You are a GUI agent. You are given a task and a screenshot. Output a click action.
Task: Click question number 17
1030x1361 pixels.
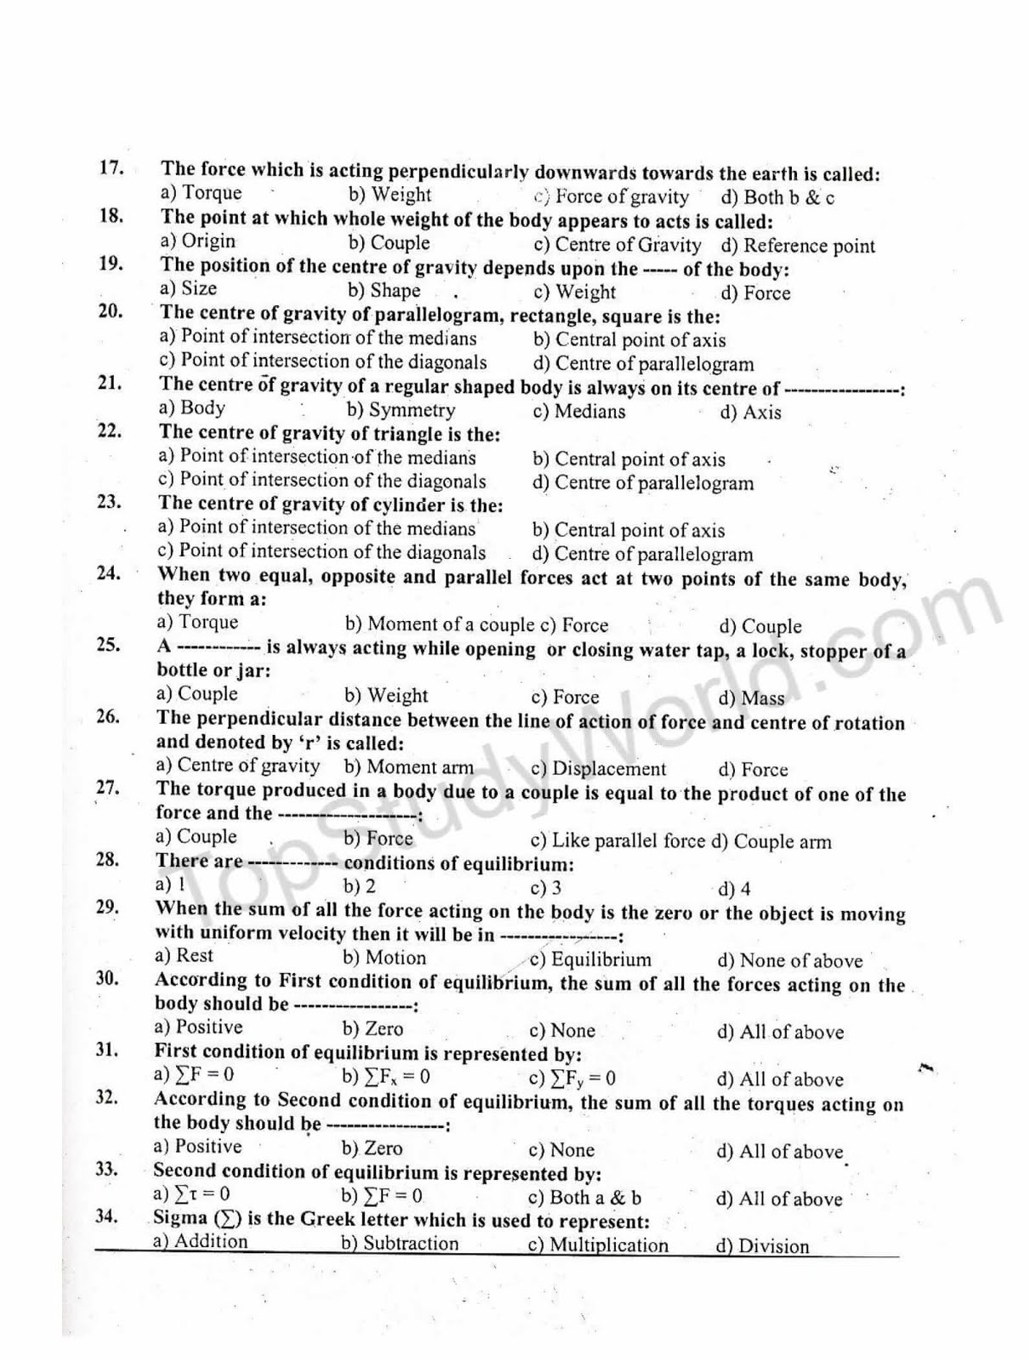[111, 167]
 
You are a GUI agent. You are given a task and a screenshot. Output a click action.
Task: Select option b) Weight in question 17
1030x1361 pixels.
[390, 195]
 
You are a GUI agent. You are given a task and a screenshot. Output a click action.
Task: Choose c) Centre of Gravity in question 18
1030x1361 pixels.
[617, 245]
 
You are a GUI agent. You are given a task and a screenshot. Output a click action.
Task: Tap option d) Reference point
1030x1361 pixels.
[797, 247]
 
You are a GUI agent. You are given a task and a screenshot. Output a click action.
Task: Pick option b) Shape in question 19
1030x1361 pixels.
[384, 291]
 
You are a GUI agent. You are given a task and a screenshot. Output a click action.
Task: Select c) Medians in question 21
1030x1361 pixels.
[578, 412]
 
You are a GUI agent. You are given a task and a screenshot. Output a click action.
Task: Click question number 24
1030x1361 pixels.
[108, 572]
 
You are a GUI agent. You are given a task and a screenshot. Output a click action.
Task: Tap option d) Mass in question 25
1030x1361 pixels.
[751, 698]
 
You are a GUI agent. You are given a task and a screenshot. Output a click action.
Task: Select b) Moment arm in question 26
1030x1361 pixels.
[409, 767]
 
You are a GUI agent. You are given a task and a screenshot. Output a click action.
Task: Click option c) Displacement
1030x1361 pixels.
[598, 769]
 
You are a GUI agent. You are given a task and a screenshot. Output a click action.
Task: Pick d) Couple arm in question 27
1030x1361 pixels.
[771, 842]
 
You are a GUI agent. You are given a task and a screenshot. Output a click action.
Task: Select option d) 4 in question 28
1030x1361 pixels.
[734, 890]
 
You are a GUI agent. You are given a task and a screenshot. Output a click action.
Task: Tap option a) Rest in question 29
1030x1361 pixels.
[184, 955]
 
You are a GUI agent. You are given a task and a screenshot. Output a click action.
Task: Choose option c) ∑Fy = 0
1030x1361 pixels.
[572, 1079]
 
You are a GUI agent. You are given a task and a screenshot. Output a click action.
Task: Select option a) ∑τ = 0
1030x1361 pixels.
[191, 1194]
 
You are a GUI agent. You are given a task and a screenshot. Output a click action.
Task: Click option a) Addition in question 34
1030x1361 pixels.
[201, 1241]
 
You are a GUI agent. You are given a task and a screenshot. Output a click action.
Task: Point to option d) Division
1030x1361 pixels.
[762, 1247]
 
